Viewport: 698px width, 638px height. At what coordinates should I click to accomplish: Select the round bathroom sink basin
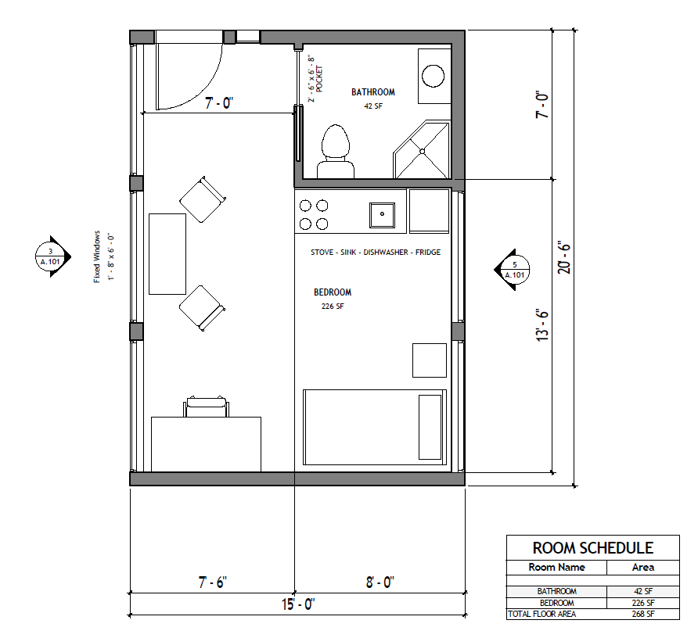point(433,75)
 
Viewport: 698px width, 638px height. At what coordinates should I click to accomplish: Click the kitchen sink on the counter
point(382,213)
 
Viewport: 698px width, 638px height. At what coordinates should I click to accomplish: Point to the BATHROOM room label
point(372,92)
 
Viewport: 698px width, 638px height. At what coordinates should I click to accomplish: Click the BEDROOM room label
point(333,292)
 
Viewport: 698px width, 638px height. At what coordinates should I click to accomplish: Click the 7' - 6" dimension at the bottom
point(211,582)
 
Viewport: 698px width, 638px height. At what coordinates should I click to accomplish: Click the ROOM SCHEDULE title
point(592,548)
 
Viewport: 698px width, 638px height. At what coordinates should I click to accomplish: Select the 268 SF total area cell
point(643,615)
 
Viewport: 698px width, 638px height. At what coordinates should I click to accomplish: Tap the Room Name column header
point(556,567)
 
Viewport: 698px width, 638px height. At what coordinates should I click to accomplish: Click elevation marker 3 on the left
point(49,256)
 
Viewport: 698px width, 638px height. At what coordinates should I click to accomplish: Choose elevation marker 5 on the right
point(513,270)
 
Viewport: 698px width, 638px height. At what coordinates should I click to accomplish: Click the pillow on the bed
point(430,427)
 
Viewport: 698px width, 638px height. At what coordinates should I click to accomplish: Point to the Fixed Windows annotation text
point(103,257)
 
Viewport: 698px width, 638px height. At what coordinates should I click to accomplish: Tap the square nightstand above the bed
point(429,360)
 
